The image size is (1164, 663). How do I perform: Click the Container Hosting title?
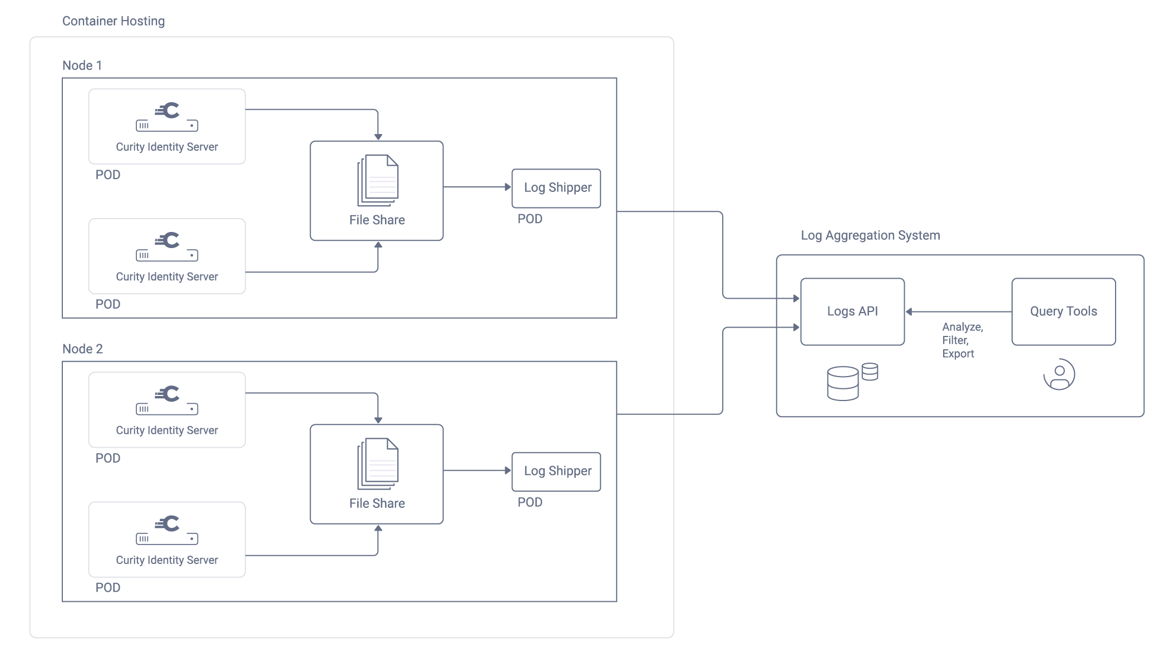(114, 21)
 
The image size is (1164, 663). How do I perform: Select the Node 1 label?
(82, 66)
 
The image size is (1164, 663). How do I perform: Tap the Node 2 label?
(82, 349)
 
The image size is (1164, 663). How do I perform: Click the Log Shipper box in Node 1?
(556, 188)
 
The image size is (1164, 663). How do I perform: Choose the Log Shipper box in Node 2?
(556, 471)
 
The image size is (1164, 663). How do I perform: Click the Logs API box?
(852, 311)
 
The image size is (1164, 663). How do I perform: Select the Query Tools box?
(1063, 311)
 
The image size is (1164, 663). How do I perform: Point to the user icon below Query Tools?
(1059, 374)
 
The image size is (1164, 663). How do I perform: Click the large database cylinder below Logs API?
(842, 384)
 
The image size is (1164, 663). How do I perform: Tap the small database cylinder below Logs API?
(870, 372)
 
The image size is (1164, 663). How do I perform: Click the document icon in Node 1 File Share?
(378, 180)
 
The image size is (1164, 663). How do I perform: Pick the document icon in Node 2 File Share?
(378, 464)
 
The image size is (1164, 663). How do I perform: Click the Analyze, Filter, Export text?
(962, 340)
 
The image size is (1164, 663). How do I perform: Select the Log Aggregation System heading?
(870, 235)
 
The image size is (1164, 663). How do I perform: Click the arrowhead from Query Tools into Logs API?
(909, 312)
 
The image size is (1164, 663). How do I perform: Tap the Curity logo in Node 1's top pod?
(167, 111)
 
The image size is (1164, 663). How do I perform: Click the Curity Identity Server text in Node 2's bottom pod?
(167, 560)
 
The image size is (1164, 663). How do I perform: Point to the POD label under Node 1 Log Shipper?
(530, 219)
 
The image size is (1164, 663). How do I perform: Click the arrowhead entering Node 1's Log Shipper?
(507, 187)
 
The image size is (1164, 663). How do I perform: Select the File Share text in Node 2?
(377, 503)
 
